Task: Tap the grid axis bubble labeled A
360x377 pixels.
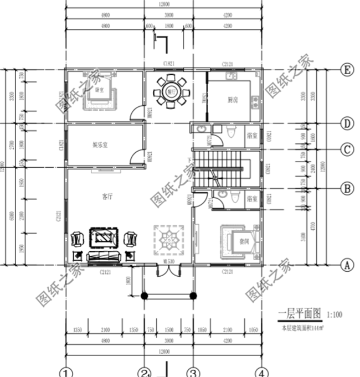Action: click(x=347, y=265)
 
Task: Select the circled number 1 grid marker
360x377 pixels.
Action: click(x=66, y=371)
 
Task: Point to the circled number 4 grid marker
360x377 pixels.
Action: click(x=262, y=371)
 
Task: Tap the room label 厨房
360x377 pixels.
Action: click(x=233, y=100)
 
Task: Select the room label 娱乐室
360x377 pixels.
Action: click(x=100, y=145)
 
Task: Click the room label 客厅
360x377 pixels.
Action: click(x=107, y=196)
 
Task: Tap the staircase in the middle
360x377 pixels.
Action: click(x=218, y=168)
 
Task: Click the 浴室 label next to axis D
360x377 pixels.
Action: click(x=251, y=135)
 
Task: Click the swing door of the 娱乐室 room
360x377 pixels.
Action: click(x=136, y=156)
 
